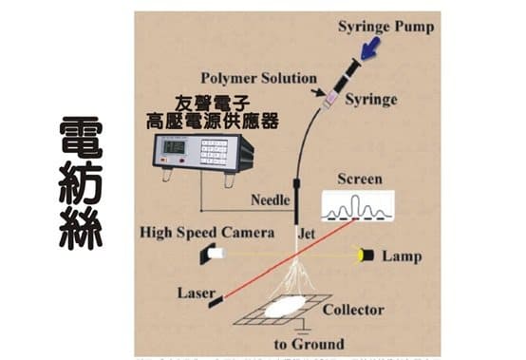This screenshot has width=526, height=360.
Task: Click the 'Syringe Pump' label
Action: pyautogui.click(x=385, y=27)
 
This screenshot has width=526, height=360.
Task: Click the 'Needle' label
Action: pyautogui.click(x=271, y=199)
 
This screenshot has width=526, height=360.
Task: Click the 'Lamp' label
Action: pyautogui.click(x=402, y=256)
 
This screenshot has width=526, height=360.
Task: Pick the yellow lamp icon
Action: pyautogui.click(x=365, y=255)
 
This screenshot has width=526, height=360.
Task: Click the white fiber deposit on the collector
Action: pyautogui.click(x=285, y=308)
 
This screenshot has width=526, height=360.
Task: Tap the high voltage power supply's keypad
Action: pyautogui.click(x=216, y=152)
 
